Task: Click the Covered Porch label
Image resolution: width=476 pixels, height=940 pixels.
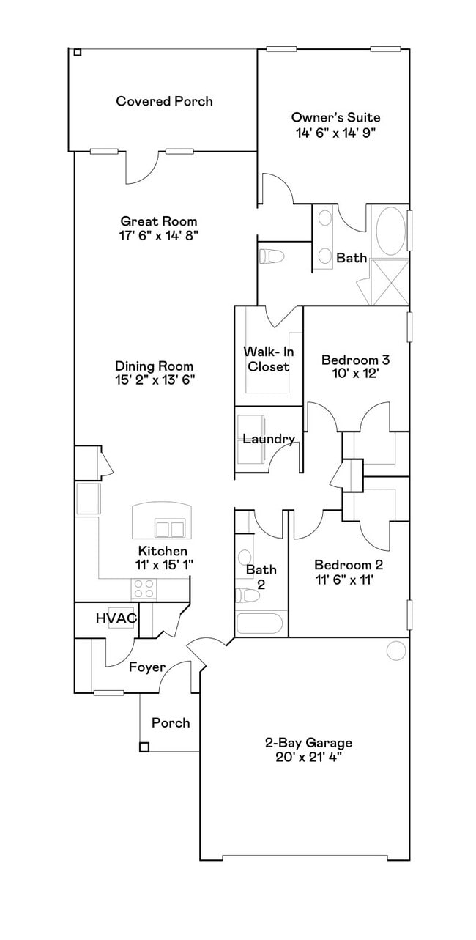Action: click(x=164, y=101)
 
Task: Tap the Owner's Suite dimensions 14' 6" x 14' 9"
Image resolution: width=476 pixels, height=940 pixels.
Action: click(x=336, y=133)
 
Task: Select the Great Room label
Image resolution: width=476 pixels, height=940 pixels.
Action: click(x=159, y=221)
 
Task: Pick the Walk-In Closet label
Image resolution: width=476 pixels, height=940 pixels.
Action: click(x=267, y=360)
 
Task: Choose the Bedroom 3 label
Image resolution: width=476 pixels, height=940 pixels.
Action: click(x=355, y=360)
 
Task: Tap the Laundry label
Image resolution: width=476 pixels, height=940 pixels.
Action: click(x=269, y=439)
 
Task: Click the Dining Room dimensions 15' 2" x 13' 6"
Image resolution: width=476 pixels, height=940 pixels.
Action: click(x=154, y=380)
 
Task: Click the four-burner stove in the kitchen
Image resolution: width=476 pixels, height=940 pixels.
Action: click(x=144, y=588)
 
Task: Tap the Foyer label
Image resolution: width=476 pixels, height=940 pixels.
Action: click(x=146, y=667)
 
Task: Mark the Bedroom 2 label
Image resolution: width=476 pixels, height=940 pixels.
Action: click(x=348, y=565)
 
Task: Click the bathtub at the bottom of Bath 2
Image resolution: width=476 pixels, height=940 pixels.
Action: click(x=259, y=624)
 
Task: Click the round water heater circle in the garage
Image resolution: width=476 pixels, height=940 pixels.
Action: click(x=395, y=651)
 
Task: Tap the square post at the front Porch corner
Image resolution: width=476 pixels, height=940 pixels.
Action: click(x=144, y=747)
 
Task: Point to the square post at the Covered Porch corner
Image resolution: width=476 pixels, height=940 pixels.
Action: click(x=77, y=52)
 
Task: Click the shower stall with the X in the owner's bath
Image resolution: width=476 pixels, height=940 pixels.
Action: click(x=389, y=281)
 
